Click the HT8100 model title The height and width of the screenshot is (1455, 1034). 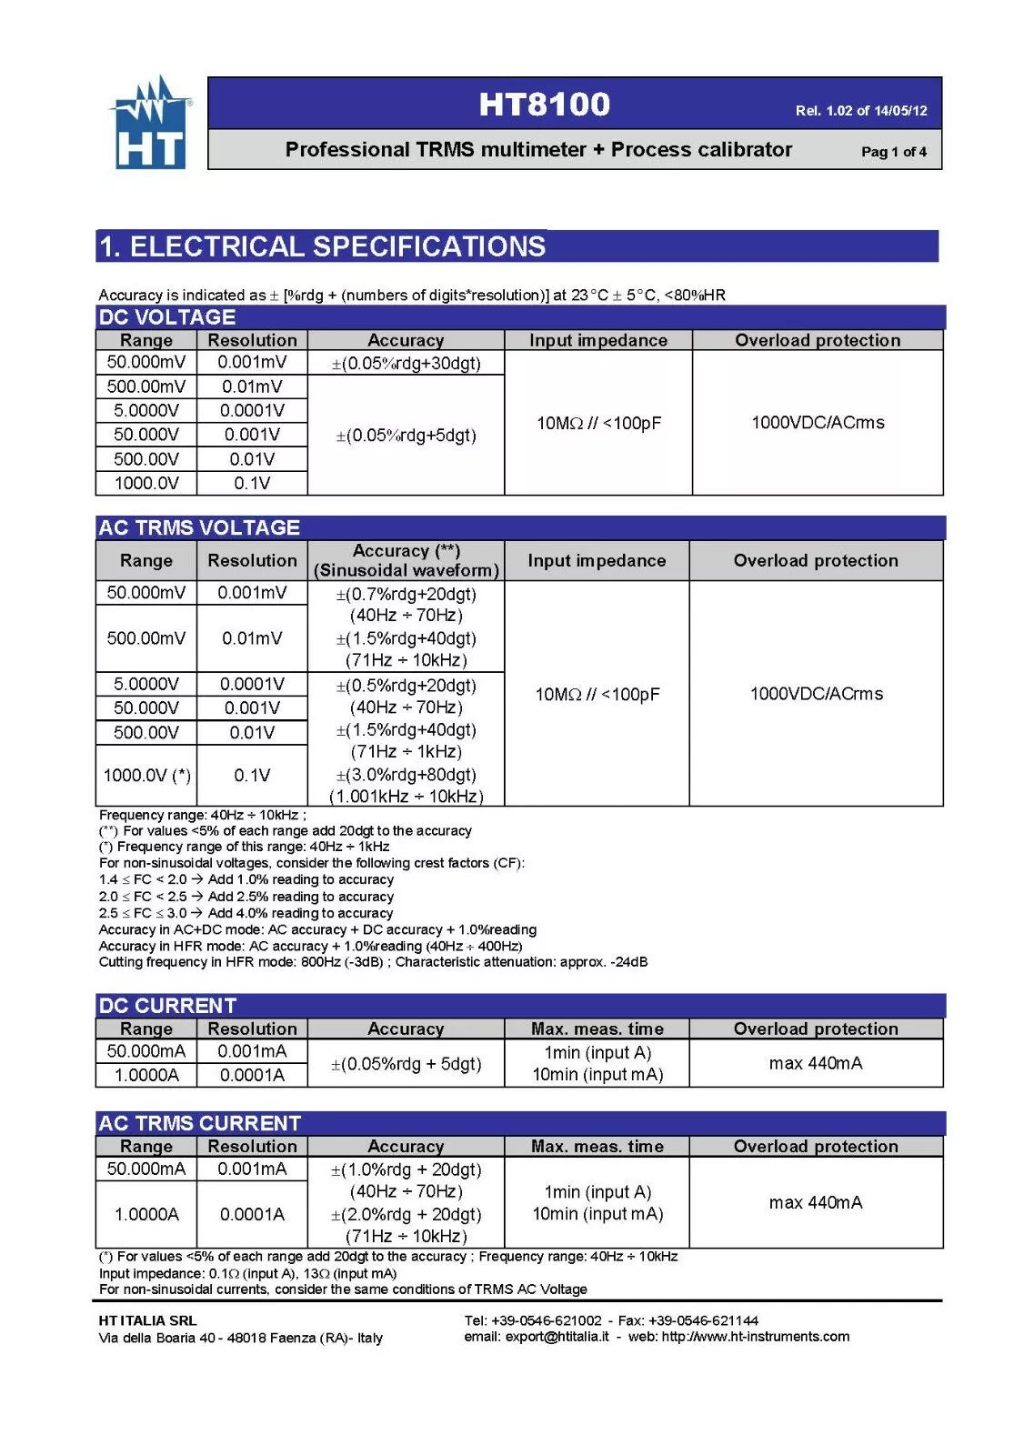tap(544, 105)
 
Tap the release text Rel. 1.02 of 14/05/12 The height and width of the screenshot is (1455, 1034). tap(860, 111)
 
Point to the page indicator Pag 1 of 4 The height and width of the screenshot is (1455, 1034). tap(893, 152)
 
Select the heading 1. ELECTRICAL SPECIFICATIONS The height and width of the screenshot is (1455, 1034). tap(323, 246)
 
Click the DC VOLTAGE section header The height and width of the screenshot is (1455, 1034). tap(167, 317)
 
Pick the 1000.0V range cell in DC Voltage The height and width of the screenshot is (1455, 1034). tap(146, 483)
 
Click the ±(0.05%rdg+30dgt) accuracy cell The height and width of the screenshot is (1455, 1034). tap(406, 363)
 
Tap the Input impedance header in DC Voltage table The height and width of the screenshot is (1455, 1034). tap(597, 340)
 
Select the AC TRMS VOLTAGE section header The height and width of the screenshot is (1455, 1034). tap(199, 527)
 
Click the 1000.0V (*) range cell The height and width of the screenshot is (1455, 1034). tap(146, 776)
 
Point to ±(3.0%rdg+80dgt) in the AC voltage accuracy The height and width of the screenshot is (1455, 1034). tap(406, 775)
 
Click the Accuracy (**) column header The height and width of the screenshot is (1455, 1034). tap(406, 560)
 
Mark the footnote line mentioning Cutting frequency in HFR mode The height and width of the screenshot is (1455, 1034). tap(373, 962)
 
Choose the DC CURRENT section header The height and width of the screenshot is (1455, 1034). tap(167, 1006)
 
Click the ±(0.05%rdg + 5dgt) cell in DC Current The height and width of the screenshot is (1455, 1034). tap(406, 1063)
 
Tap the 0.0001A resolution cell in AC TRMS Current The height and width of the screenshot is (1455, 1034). tap(252, 1214)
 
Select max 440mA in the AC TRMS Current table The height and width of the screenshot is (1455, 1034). tap(815, 1202)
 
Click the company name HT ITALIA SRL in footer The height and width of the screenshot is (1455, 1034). tap(147, 1320)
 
